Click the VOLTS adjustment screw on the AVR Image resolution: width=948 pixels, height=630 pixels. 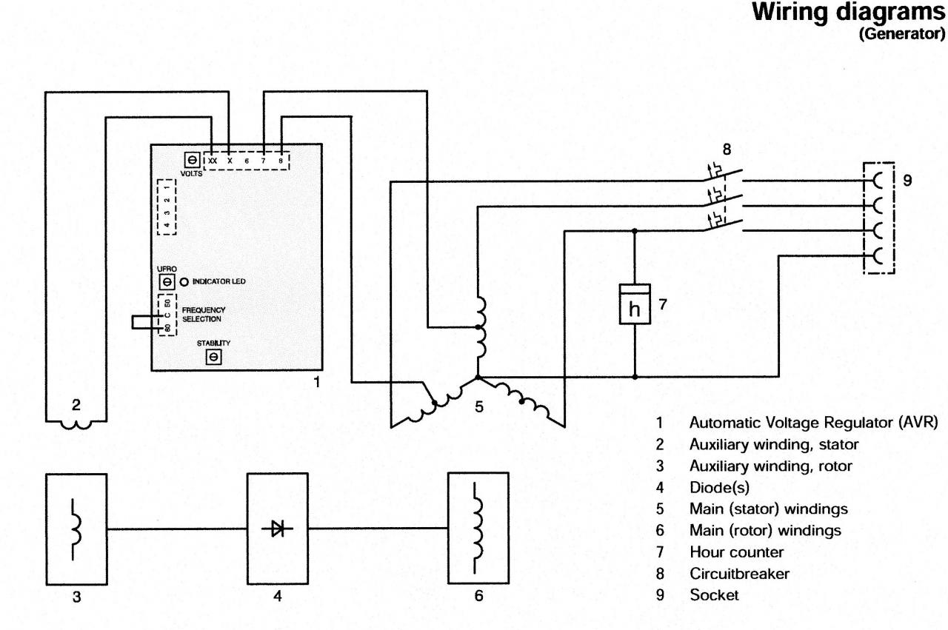[192, 161]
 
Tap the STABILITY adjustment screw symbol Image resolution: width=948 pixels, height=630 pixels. [214, 357]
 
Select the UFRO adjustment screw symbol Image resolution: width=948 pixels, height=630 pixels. [167, 282]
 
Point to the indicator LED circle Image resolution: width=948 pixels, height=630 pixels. [184, 282]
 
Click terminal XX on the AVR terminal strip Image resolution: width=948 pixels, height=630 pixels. [213, 161]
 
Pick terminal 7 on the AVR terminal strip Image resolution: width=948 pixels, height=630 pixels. [263, 161]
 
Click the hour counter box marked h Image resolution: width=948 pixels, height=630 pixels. [635, 304]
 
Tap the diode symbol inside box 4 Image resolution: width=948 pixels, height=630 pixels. [278, 529]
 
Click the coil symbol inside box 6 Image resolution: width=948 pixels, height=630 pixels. [477, 528]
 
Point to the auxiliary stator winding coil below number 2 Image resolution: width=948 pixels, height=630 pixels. [76, 424]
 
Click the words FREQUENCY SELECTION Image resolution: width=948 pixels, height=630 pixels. [204, 315]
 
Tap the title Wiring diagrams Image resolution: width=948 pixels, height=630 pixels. [849, 13]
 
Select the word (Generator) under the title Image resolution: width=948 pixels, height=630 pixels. [902, 34]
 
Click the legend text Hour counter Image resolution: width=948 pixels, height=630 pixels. [736, 552]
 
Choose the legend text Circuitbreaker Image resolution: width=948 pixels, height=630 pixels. [739, 573]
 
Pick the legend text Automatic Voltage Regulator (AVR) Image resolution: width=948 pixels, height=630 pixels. [813, 422]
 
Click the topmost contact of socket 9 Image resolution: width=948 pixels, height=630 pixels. [877, 181]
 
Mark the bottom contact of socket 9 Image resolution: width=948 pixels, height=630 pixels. [877, 255]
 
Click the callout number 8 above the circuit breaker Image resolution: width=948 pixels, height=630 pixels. [727, 150]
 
